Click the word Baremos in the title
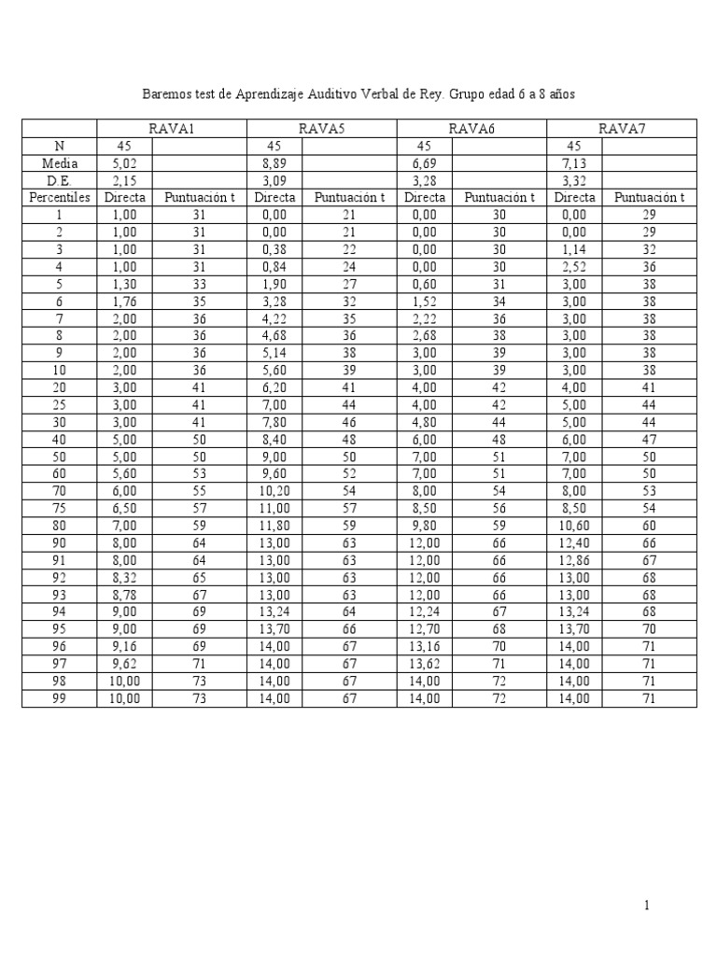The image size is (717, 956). (164, 94)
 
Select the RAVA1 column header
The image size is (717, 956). (172, 129)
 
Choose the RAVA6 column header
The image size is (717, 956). (471, 129)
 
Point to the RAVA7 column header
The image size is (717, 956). (622, 129)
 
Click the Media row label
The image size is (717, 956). (59, 162)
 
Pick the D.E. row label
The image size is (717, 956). (59, 180)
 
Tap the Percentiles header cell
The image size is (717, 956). (59, 197)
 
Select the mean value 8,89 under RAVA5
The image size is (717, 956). (274, 162)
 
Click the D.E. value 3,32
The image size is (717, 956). (574, 180)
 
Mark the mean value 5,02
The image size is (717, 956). (124, 162)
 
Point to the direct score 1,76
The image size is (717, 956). (124, 301)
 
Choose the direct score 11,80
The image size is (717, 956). (274, 542)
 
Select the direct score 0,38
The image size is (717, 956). (274, 249)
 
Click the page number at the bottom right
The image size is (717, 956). (645, 905)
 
